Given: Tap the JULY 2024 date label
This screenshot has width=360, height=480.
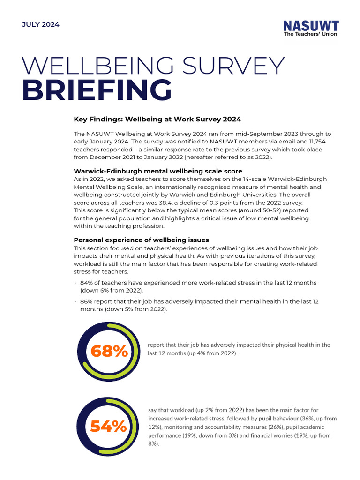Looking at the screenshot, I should tap(41, 24).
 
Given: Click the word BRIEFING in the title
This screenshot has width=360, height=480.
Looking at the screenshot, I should tap(97, 90).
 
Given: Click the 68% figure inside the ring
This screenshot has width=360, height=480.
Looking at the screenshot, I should tap(109, 351).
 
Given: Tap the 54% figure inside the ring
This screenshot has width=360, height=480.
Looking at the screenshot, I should tap(109, 426).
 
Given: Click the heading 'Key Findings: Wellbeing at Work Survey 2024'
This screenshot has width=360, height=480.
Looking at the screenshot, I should tap(157, 119).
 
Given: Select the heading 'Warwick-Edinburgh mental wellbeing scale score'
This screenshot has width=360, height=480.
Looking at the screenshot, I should tap(158, 171).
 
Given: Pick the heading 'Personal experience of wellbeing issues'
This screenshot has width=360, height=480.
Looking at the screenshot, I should tap(142, 240).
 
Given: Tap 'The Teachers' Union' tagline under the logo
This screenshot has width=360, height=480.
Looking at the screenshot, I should tap(310, 34).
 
